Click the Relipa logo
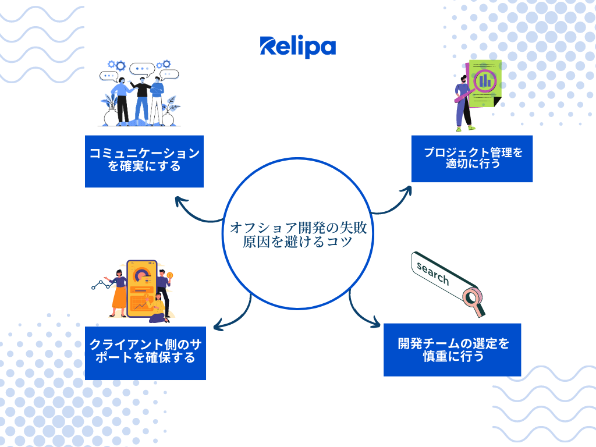click(297, 47)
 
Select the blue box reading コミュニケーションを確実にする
click(144, 161)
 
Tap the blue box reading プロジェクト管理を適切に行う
click(471, 158)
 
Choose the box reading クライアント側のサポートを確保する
click(145, 353)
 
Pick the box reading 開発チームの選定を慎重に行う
click(452, 350)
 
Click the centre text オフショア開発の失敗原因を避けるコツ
click(298, 234)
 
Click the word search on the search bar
click(432, 274)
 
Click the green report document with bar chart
click(485, 84)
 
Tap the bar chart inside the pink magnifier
click(485, 80)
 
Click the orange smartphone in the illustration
click(142, 289)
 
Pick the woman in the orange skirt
click(118, 293)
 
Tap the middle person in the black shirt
click(141, 100)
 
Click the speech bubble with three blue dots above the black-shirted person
click(142, 69)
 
